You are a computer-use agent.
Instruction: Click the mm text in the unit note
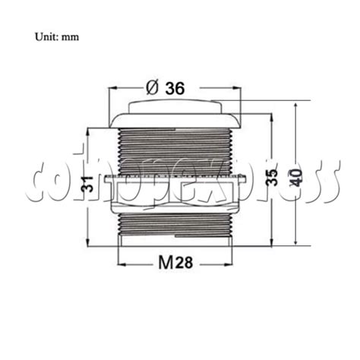click(x=70, y=36)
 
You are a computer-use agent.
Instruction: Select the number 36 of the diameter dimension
click(x=175, y=88)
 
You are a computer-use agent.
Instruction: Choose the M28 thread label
click(x=175, y=263)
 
